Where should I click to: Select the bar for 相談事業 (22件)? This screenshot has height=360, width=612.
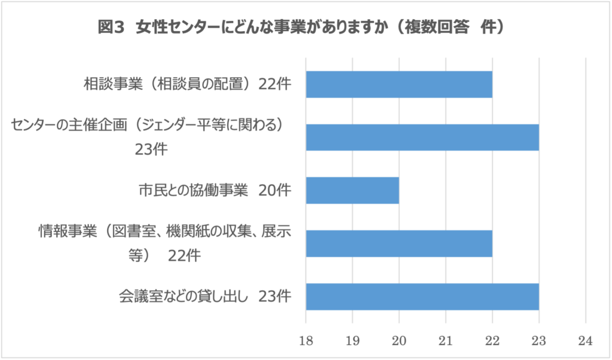(x=399, y=84)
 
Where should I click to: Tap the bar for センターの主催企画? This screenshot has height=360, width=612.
(x=422, y=137)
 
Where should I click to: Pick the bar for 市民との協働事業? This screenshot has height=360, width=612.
(x=352, y=190)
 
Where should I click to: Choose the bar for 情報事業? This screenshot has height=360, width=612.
(x=399, y=243)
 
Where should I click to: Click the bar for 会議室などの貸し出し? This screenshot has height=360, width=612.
(x=422, y=296)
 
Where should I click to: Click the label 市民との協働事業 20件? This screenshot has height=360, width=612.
(x=215, y=191)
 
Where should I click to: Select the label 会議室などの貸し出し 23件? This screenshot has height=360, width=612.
(x=205, y=296)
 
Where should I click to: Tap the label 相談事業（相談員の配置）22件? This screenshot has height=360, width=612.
(x=187, y=84)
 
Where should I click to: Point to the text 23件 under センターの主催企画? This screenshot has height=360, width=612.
(x=151, y=149)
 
